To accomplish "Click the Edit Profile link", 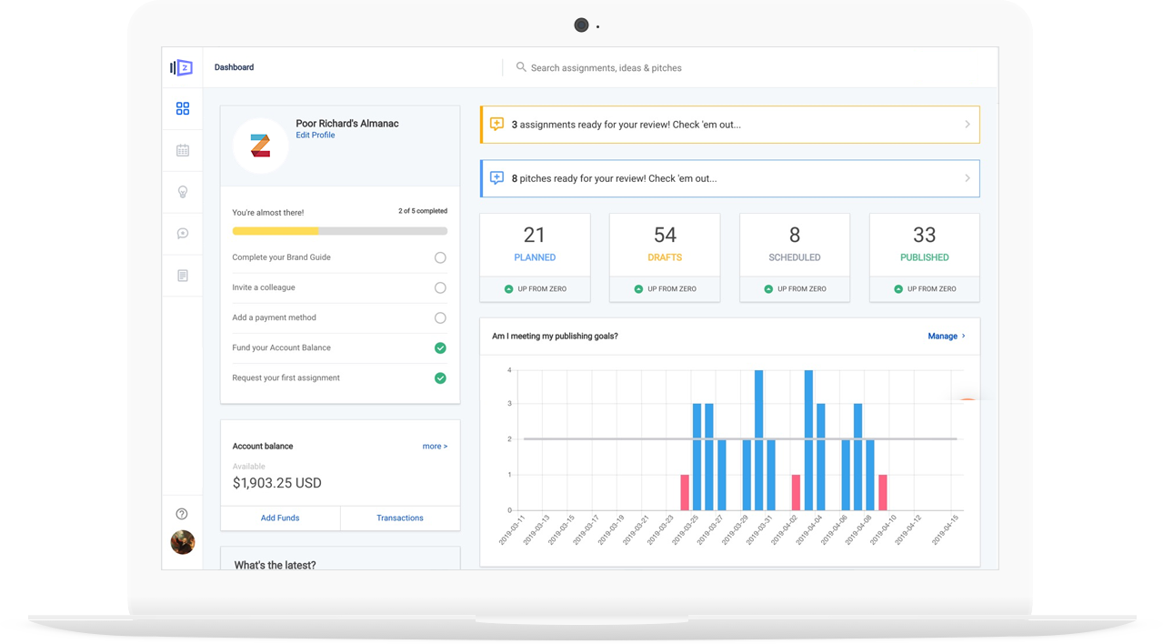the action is point(316,135).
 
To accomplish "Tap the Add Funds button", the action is point(280,518).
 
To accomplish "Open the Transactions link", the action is point(400,518).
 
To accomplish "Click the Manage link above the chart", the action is point(946,336).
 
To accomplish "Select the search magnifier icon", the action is point(521,67).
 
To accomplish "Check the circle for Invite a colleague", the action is point(440,287).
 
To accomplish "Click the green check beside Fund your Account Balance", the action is point(440,348).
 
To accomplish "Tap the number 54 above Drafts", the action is point(665,236).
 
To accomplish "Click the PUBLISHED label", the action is point(924,257).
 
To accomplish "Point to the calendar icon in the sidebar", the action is point(183,151).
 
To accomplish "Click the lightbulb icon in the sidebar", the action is point(183,192).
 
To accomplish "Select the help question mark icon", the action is point(182,514).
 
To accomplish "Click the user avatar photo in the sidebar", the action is point(183,542).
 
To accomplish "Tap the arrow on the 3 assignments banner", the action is point(967,125).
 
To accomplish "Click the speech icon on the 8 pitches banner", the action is point(496,178).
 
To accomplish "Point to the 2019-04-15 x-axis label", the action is point(945,529).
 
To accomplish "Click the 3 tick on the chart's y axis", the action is point(509,404).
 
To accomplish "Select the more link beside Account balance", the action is point(435,446).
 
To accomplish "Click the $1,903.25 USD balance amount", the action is point(276,483).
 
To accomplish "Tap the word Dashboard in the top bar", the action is point(235,67).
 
